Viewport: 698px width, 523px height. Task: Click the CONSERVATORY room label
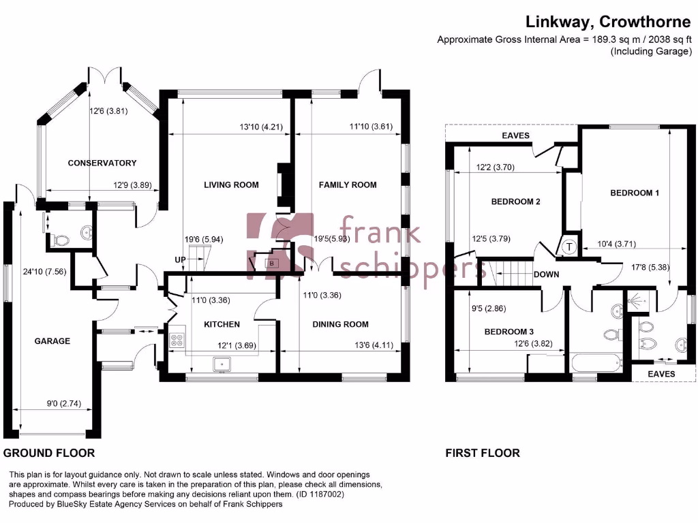point(102,163)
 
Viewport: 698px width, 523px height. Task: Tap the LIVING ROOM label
point(232,185)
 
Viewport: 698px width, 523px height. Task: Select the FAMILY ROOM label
point(348,185)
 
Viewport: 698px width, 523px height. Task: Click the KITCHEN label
point(222,324)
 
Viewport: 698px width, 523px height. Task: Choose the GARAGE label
point(52,340)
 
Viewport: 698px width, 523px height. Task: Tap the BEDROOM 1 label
point(634,193)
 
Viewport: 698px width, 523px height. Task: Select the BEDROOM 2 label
point(516,202)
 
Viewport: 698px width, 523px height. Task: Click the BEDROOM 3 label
point(509,332)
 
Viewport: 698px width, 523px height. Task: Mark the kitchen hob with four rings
point(177,339)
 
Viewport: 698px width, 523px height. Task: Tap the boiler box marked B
point(271,263)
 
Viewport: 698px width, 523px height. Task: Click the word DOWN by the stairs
point(547,275)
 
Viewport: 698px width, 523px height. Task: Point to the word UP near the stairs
point(181,260)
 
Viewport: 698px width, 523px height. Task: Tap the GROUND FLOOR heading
point(49,453)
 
